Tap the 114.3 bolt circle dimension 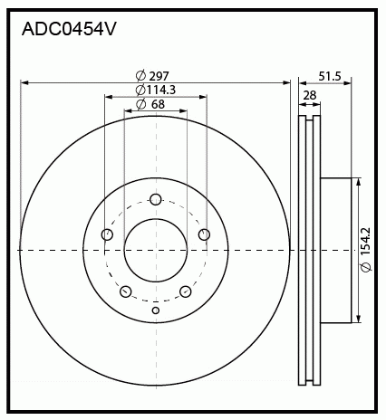[160, 90]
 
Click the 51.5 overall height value [330, 77]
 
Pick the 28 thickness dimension [310, 94]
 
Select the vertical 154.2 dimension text [367, 248]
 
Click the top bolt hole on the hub [156, 200]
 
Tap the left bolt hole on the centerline [107, 235]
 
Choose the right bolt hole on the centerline [204, 235]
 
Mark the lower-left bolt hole [126, 291]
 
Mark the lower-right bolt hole [186, 291]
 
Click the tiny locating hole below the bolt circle [156, 310]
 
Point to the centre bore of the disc [156, 250]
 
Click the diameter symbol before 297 [140, 75]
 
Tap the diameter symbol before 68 [141, 105]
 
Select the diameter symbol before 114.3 [140, 90]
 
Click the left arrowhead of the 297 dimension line [23, 82]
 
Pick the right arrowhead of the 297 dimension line [288, 82]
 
